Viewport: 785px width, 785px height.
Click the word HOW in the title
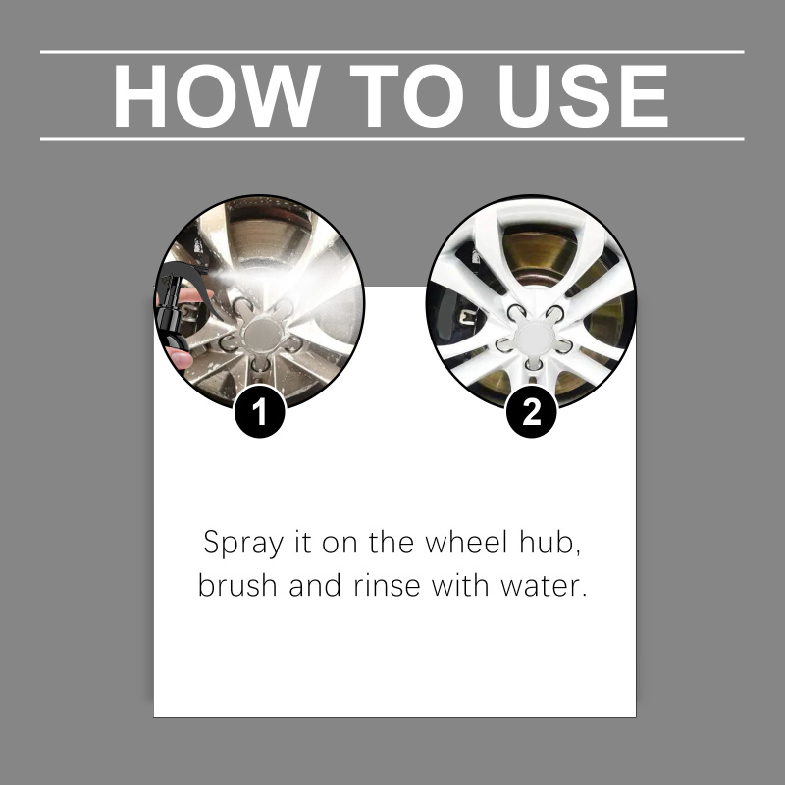(x=217, y=95)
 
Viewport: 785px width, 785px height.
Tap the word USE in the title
(x=583, y=95)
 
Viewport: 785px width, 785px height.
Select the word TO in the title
(x=406, y=95)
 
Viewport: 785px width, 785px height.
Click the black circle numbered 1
(x=260, y=412)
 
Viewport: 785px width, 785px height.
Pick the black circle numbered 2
(x=532, y=412)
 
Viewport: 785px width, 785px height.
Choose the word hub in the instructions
(x=550, y=544)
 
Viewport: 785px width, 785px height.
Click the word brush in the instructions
(x=237, y=584)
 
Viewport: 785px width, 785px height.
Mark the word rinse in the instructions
(x=387, y=585)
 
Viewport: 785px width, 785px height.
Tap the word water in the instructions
(x=544, y=586)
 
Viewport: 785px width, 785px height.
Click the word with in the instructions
(x=460, y=584)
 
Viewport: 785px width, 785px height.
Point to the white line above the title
(x=392, y=52)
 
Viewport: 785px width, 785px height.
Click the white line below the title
(x=392, y=139)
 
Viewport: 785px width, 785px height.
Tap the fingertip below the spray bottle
(x=180, y=359)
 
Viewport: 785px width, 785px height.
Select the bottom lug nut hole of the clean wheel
(x=533, y=364)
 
